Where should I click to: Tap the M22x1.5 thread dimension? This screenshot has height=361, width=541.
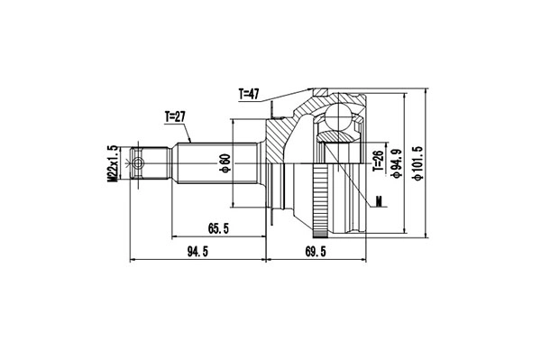pos(114,163)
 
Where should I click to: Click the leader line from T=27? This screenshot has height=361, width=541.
pos(188,132)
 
